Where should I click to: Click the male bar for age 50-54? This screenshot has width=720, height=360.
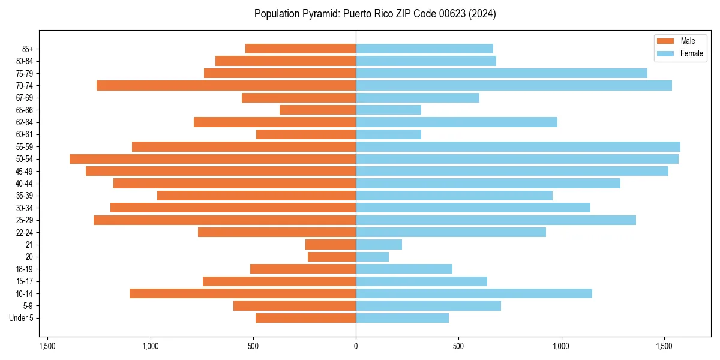(213, 159)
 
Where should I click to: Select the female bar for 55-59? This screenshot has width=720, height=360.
(518, 146)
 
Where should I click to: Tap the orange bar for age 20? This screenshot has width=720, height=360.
(332, 257)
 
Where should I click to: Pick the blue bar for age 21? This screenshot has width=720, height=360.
(379, 244)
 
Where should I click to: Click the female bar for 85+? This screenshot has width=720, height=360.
(424, 49)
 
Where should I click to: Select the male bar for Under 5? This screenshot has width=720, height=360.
(305, 318)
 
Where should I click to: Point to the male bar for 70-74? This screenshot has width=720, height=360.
(226, 85)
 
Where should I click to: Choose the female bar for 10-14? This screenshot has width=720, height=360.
(474, 293)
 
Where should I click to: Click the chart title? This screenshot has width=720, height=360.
(375, 14)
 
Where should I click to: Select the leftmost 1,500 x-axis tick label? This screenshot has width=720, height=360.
(47, 347)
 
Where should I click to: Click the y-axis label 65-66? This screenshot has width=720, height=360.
(25, 110)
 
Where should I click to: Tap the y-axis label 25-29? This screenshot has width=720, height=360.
(25, 220)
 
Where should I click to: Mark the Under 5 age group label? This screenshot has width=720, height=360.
(21, 318)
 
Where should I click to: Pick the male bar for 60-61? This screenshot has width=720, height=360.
(306, 134)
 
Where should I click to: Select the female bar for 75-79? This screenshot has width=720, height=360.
(502, 73)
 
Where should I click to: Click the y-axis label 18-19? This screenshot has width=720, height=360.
(25, 269)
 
